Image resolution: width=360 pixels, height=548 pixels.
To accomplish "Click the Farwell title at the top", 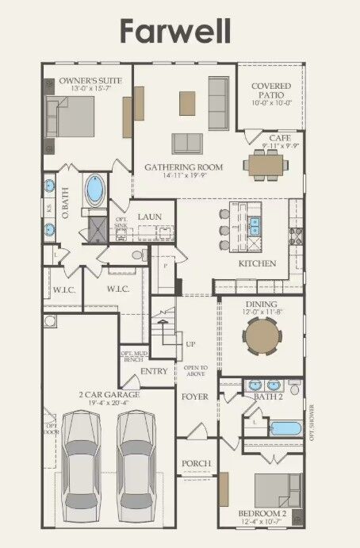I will click(175, 31).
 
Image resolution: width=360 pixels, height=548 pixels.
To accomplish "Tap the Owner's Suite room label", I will click(86, 81).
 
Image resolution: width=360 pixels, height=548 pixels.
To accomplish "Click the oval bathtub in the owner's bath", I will click(96, 190).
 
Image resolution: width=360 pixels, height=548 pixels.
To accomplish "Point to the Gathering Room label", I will click(183, 167).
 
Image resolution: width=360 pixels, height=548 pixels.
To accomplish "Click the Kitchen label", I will click(257, 263).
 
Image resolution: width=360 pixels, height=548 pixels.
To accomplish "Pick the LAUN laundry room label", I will click(150, 216).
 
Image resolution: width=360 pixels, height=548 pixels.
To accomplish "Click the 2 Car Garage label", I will click(109, 394).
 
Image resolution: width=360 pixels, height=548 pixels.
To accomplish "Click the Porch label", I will click(196, 463).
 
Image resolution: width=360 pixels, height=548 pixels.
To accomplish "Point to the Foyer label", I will click(195, 396).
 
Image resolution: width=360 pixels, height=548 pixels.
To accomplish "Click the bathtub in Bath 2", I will click(285, 428).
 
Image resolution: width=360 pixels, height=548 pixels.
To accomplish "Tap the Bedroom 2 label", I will click(262, 513).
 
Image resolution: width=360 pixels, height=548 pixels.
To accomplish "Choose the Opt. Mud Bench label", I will click(132, 356).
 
